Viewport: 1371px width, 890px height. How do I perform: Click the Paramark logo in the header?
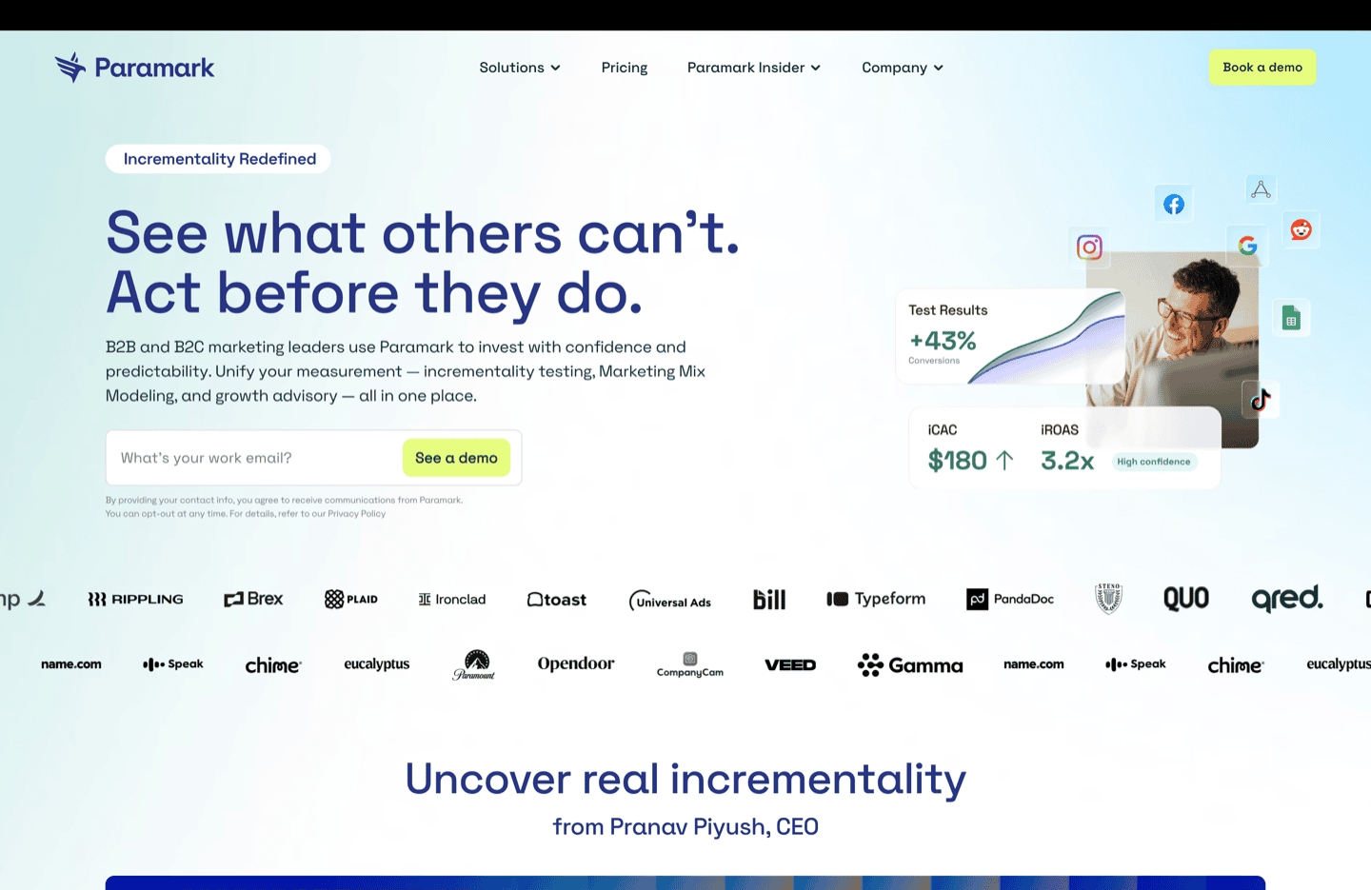134,68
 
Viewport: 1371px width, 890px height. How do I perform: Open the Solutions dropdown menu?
520,68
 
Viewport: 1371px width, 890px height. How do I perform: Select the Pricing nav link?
625,68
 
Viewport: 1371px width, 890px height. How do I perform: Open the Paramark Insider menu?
753,68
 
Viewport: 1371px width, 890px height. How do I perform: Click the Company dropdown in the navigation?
902,68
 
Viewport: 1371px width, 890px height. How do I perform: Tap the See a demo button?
456,458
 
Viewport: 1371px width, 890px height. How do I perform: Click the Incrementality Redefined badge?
219,159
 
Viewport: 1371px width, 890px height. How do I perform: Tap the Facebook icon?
1174,205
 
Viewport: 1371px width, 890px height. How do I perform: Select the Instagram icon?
1089,247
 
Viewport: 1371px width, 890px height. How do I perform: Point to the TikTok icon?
1261,400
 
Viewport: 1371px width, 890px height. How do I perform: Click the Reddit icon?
1301,229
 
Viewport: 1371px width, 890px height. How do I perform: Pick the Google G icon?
1247,246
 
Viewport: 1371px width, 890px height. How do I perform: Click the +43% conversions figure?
943,341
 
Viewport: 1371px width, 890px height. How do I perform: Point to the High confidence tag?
1154,462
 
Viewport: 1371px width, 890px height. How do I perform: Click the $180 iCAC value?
958,461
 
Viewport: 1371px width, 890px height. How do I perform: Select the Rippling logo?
135,600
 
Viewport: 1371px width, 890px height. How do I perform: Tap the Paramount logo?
474,664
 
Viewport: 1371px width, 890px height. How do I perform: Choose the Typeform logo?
876,599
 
